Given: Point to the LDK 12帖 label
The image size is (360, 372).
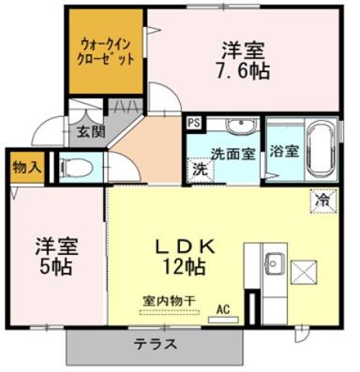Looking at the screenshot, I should click(x=184, y=257).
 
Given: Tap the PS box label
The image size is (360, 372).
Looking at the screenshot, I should click(x=193, y=122).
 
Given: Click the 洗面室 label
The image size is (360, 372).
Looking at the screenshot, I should click(x=234, y=153).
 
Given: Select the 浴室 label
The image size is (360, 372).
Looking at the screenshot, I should click(x=282, y=151).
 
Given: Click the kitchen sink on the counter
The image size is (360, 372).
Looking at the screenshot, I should click(x=274, y=263).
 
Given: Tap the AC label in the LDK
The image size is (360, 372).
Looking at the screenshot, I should click(x=223, y=310).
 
